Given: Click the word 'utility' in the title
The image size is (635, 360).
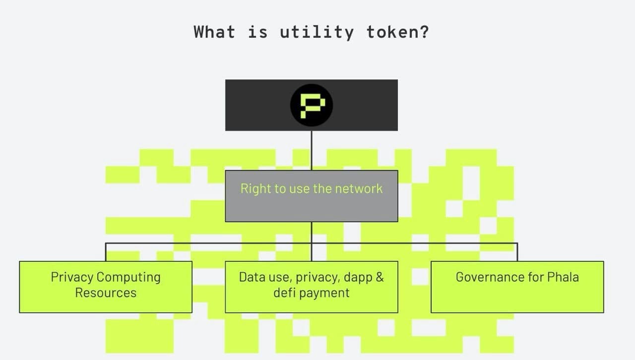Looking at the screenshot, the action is coord(317,32).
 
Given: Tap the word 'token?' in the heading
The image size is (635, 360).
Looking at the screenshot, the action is coord(398,32).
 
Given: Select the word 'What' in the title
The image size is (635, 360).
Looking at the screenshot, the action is coord(215,32).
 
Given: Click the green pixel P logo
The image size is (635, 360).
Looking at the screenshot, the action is coord(313,106).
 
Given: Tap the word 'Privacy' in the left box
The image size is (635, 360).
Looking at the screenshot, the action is coord(72,278).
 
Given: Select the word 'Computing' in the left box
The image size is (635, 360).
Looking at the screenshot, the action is coord(128,278).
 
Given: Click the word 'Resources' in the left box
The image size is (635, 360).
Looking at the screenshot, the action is coord(106,293).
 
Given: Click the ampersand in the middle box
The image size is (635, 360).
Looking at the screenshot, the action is coord(380,277).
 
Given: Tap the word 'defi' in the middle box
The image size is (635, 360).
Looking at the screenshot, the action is coord(284,293).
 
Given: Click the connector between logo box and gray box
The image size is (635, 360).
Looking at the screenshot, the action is coord(312,151).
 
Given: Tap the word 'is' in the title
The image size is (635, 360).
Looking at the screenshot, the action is coord(257,32).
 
